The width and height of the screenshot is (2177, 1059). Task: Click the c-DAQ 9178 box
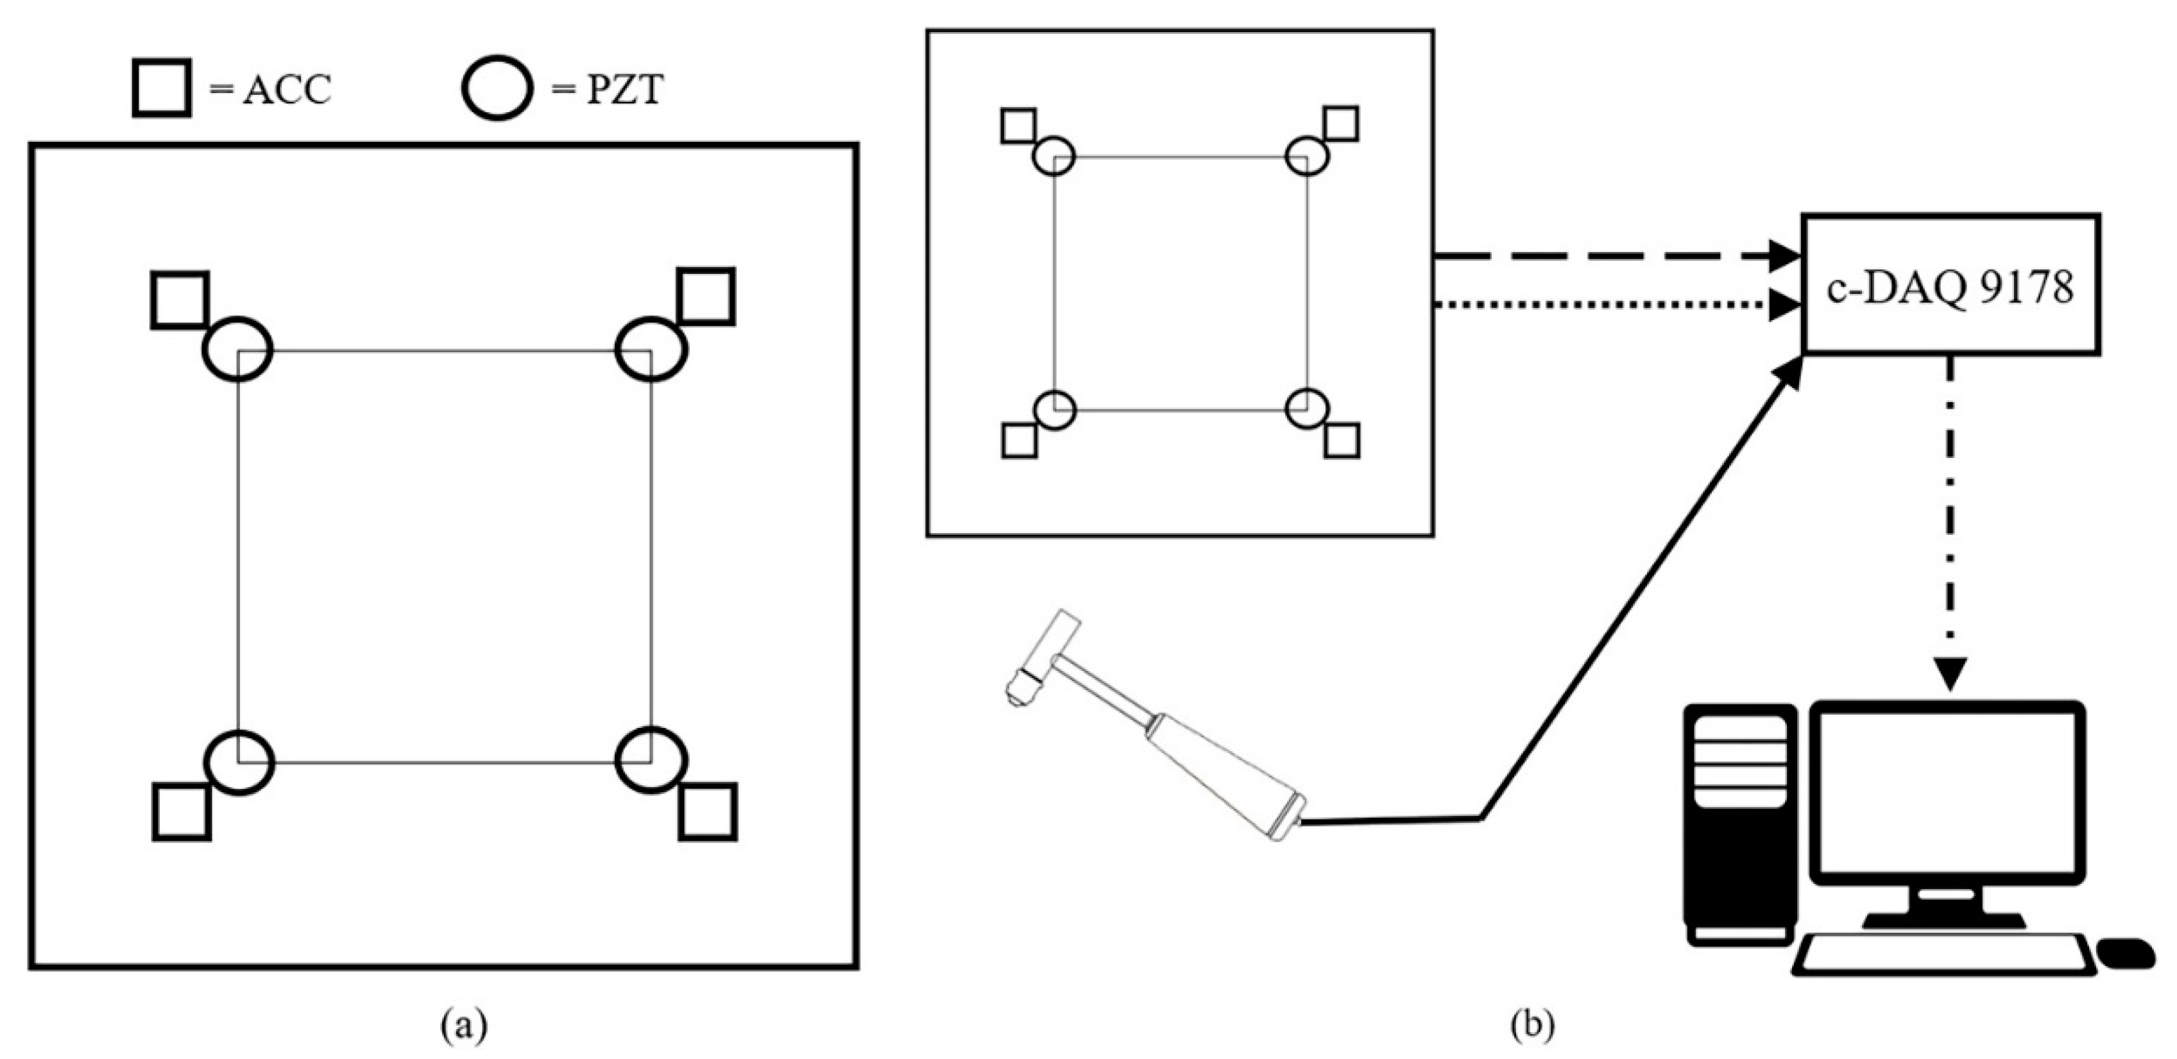(1951, 284)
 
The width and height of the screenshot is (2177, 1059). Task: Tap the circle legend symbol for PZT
(497, 88)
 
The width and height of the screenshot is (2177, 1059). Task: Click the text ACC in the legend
(287, 90)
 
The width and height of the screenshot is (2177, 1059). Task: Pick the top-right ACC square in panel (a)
(706, 296)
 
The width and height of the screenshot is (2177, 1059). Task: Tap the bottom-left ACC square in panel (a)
(182, 811)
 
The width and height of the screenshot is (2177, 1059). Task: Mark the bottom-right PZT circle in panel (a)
(651, 760)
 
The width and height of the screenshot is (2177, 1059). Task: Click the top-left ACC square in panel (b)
(1018, 126)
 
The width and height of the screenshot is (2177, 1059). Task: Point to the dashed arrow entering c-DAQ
(1606, 255)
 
